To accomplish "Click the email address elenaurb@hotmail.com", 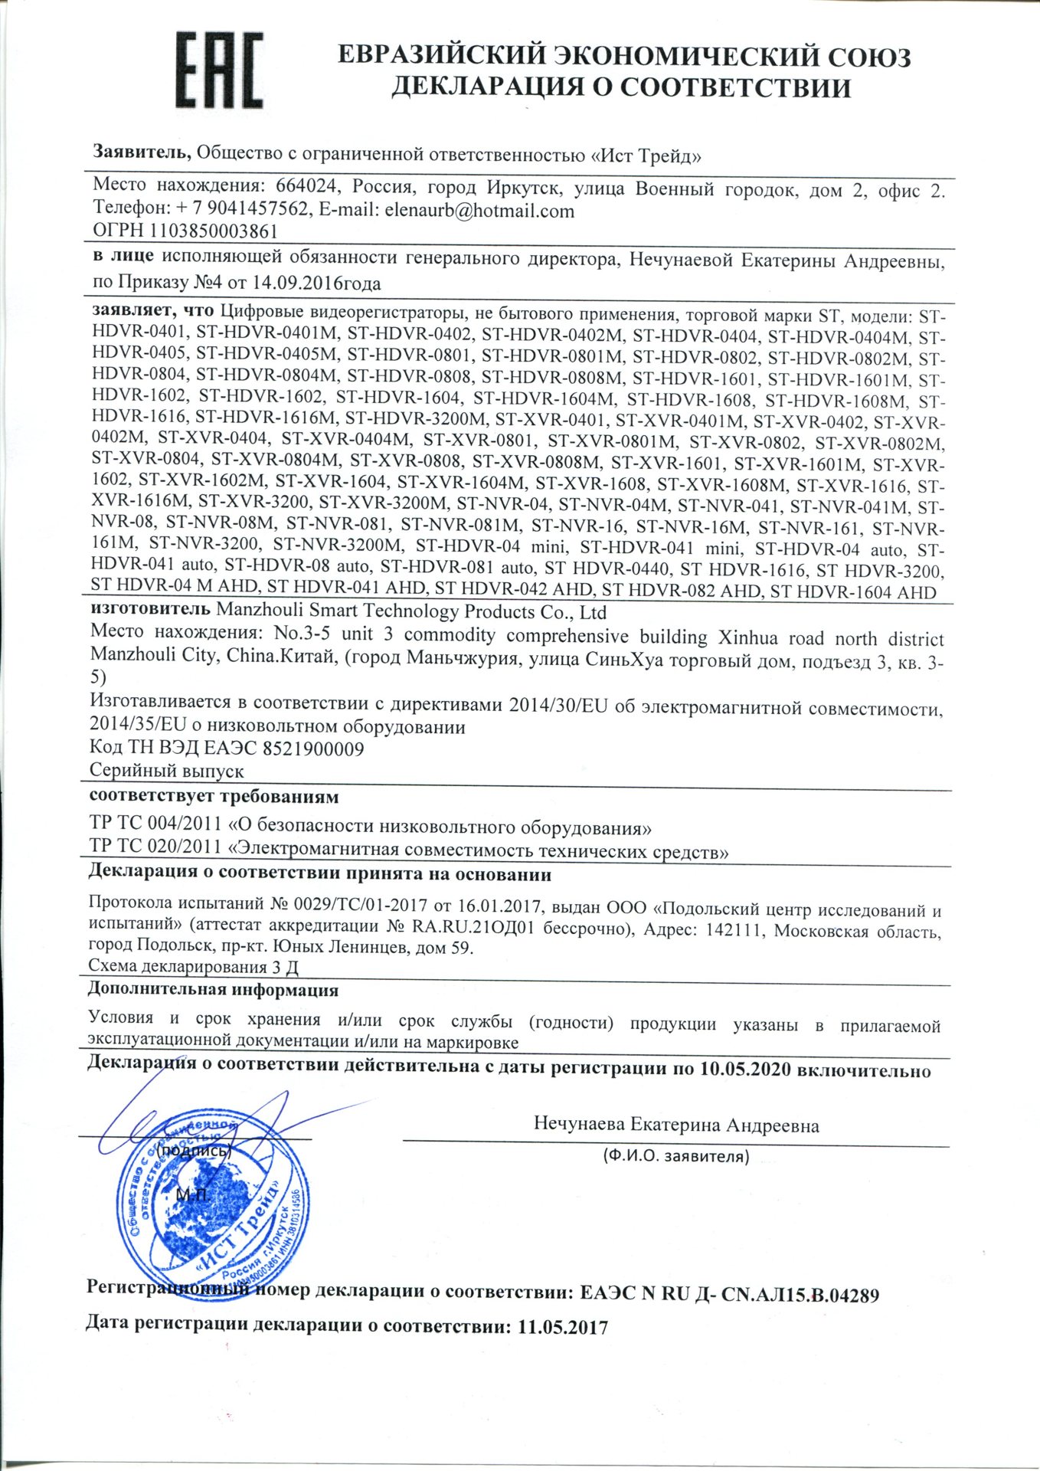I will coord(479,211).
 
